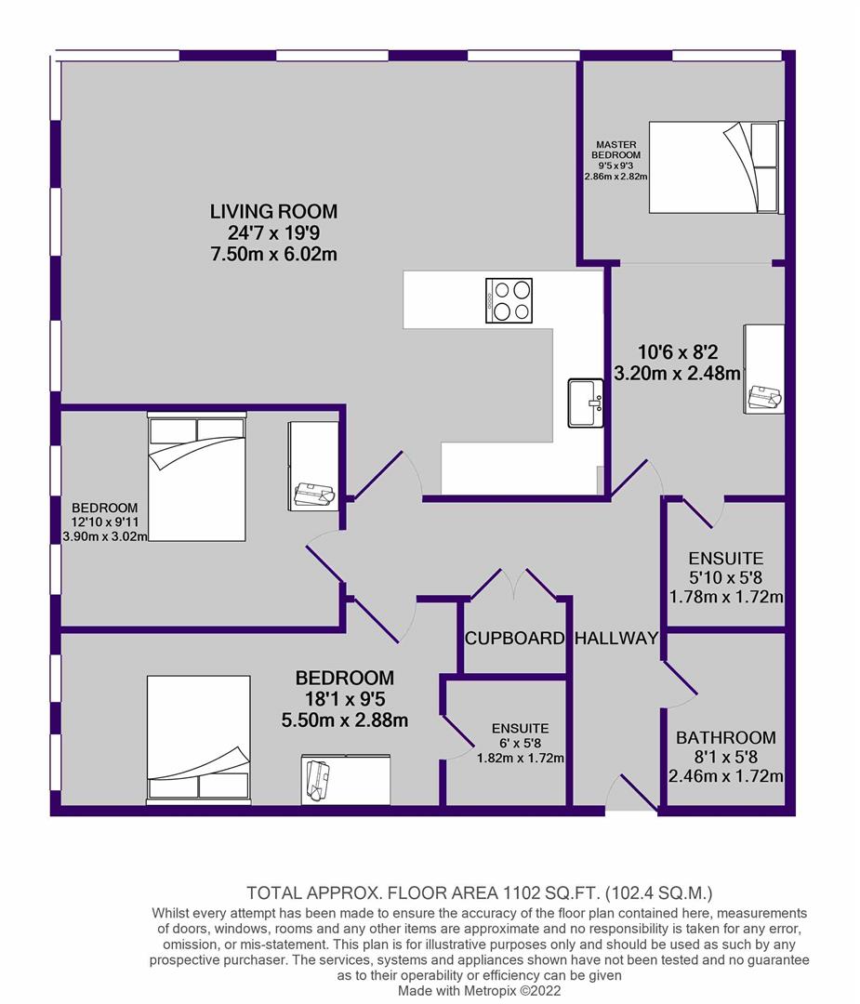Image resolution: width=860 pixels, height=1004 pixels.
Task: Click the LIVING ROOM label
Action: (273, 211)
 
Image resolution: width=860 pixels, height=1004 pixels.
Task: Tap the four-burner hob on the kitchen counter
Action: (509, 300)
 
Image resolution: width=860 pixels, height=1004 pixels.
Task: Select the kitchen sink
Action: (586, 403)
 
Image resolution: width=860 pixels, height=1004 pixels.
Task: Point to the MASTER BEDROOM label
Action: (616, 150)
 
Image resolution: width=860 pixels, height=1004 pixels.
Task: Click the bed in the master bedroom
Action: (716, 167)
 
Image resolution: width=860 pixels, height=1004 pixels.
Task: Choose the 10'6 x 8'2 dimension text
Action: (678, 352)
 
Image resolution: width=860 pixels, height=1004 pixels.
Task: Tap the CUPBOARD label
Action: (515, 639)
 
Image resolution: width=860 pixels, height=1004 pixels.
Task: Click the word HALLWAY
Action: (616, 639)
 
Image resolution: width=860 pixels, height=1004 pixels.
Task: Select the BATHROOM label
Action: (726, 737)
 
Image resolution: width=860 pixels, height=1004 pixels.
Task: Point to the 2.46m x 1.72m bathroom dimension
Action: (726, 776)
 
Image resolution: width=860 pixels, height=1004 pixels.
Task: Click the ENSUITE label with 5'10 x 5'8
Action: (726, 559)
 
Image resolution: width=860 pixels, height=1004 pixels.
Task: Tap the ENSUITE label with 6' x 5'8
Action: (521, 729)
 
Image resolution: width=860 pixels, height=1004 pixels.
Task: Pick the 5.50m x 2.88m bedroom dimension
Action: (345, 720)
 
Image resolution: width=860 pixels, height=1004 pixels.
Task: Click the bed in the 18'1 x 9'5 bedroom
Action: (199, 740)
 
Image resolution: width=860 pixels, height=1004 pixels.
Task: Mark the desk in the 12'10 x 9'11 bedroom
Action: (313, 466)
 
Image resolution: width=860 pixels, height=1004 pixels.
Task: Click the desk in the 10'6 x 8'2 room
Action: (764, 369)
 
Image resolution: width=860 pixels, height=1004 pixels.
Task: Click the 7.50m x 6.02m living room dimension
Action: (273, 254)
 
